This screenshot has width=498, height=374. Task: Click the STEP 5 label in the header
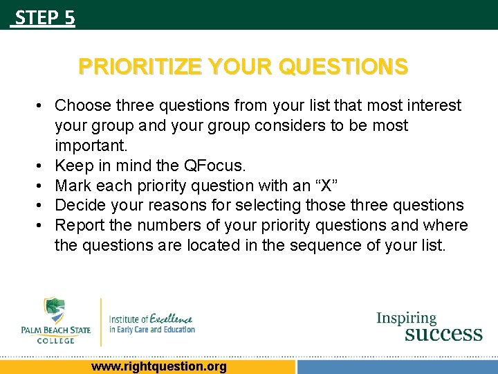click(44, 17)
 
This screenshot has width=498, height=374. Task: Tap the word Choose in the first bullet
click(83, 105)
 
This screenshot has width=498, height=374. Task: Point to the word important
click(89, 145)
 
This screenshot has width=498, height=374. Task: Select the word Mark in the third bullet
click(71, 186)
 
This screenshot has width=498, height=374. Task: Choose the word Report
click(78, 226)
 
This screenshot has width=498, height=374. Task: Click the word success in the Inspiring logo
click(443, 334)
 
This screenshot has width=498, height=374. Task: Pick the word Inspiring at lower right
click(406, 319)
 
